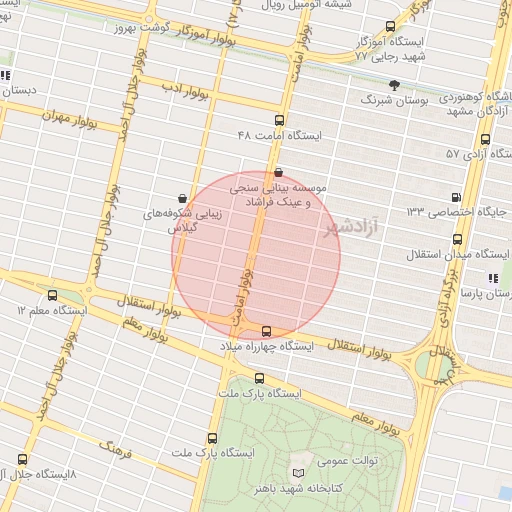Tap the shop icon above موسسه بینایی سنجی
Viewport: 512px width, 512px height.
click(x=277, y=172)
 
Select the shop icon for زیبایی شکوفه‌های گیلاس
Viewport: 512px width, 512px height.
click(x=181, y=198)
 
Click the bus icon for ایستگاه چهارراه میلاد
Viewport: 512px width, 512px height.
click(x=266, y=331)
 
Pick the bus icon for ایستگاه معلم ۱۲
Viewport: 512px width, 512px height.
click(x=52, y=296)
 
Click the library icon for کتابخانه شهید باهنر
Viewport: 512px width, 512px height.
click(x=296, y=472)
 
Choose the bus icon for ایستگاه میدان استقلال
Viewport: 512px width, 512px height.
click(x=457, y=239)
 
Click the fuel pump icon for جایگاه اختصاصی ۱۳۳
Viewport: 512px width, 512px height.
click(x=457, y=197)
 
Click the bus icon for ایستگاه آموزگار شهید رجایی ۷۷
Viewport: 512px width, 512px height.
click(x=390, y=27)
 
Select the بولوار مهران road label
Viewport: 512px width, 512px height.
click(x=67, y=116)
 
